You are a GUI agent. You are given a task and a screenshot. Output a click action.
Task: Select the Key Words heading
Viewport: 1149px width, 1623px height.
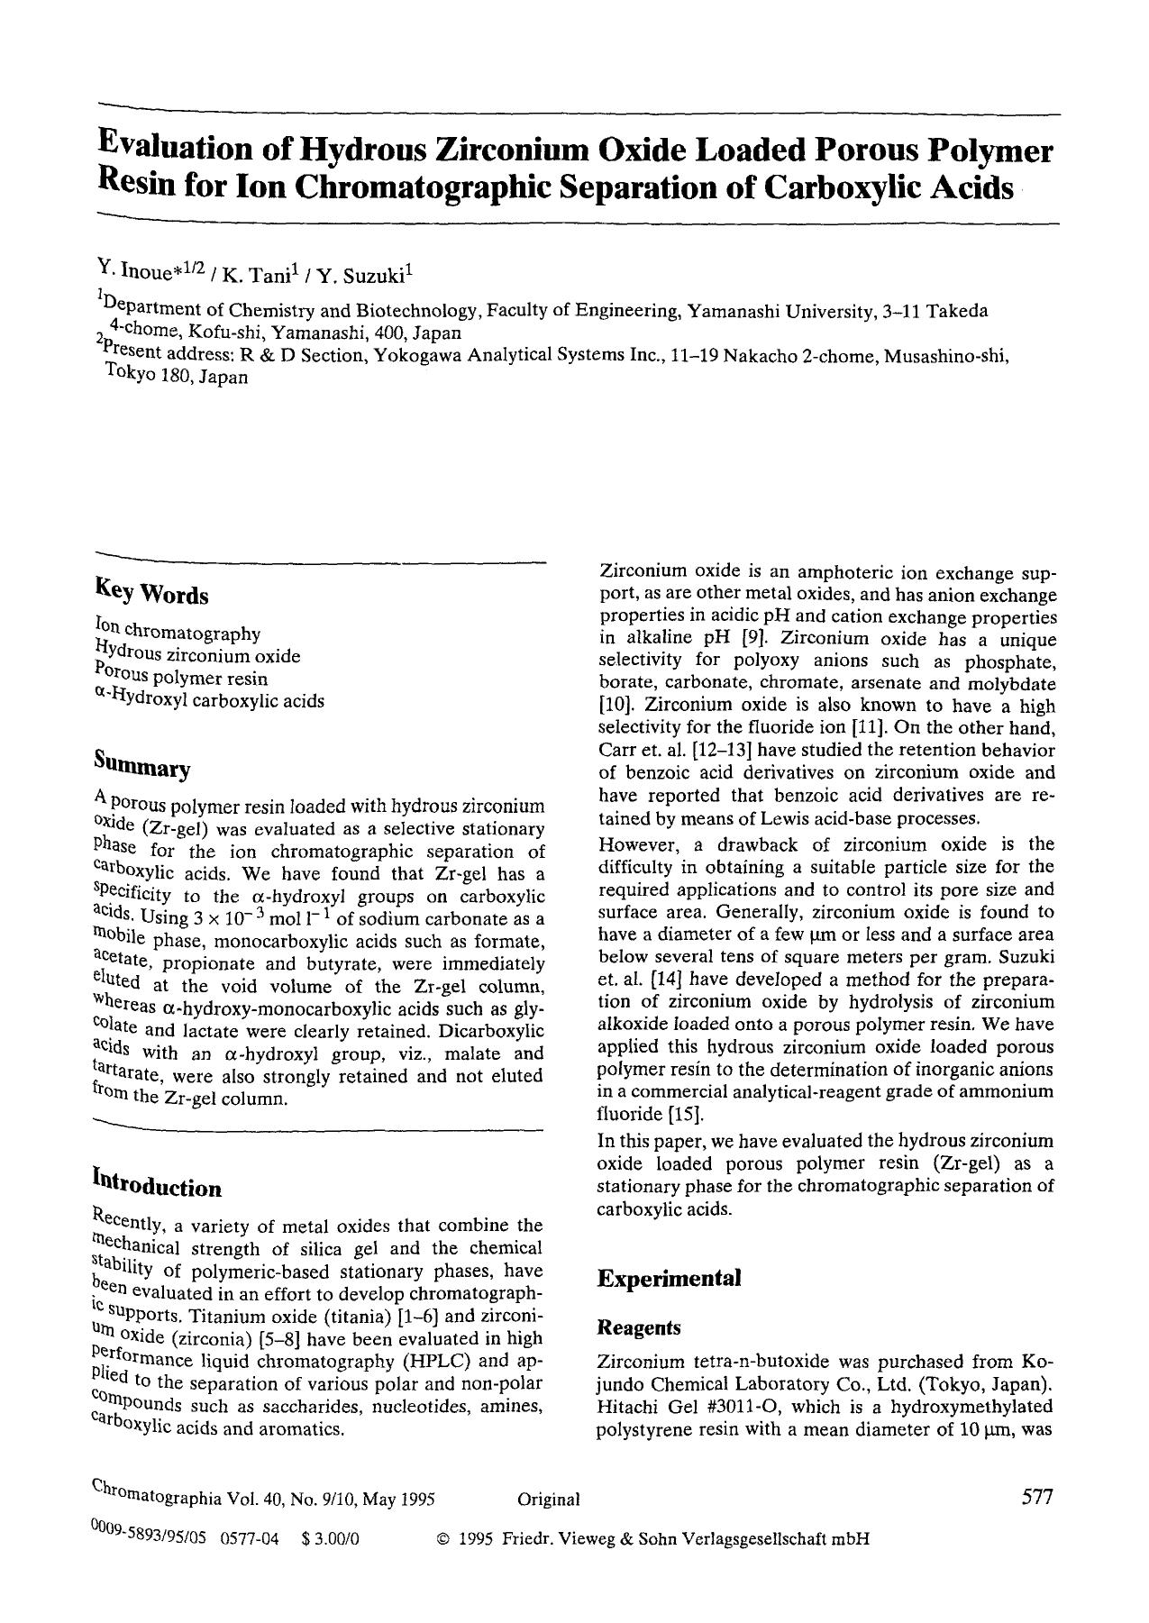click(x=151, y=594)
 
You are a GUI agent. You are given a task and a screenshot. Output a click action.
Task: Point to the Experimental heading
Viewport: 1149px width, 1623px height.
click(x=669, y=1278)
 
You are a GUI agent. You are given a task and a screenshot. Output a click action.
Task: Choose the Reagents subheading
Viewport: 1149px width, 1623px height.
click(x=638, y=1327)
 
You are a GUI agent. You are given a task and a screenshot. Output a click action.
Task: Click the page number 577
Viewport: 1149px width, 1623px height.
click(x=1037, y=1497)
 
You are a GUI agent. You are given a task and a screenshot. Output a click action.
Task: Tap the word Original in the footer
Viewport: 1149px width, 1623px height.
click(x=548, y=1500)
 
